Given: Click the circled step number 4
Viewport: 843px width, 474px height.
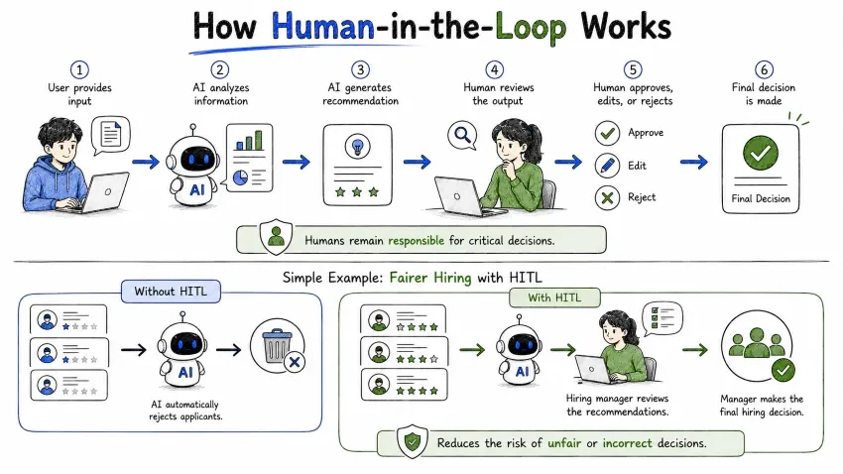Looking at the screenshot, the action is (494, 69).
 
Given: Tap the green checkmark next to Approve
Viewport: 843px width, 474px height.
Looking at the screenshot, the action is (608, 133).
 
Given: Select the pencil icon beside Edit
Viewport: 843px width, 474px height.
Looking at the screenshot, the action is (608, 166).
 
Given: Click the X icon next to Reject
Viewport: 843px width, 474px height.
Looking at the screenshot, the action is (608, 197).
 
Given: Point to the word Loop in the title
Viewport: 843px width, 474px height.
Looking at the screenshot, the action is (531, 27).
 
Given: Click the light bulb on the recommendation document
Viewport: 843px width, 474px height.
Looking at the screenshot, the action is (357, 146).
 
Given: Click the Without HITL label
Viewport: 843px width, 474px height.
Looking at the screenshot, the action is (171, 292).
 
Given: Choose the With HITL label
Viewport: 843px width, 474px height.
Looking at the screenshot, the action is (554, 297).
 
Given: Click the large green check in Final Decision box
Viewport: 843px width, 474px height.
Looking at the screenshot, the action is (761, 153).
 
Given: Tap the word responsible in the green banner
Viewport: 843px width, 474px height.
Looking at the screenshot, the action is (417, 240).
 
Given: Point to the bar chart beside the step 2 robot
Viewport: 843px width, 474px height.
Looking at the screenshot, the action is (249, 140).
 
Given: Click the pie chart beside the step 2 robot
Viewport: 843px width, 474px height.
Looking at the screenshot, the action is (240, 178).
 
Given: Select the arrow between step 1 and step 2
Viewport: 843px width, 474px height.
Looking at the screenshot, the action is (146, 162).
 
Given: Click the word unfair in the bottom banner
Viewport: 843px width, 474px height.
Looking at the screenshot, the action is (564, 443).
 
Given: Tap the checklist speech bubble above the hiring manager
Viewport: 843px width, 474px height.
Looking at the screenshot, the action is (662, 317).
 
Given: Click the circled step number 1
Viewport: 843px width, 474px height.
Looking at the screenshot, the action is (79, 69).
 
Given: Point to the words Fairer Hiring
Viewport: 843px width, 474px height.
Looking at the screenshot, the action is (430, 278).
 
